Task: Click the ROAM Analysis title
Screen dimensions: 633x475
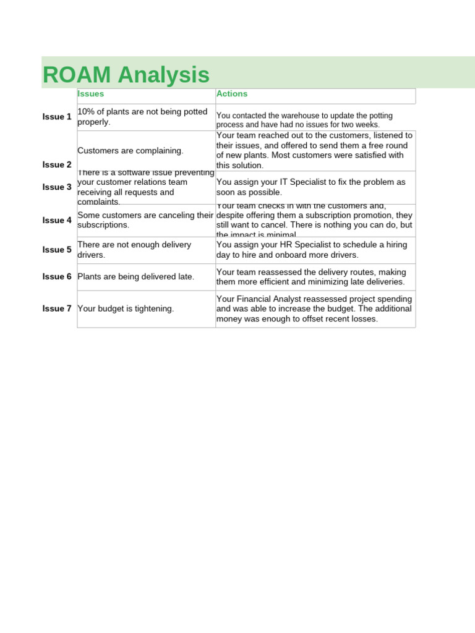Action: point(126,75)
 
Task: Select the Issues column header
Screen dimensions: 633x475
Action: point(90,94)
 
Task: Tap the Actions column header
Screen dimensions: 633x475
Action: point(232,94)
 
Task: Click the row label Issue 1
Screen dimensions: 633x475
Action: point(57,117)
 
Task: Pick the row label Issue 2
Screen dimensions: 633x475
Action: point(57,164)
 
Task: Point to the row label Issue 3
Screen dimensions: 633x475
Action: point(57,187)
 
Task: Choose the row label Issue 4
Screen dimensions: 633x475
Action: point(57,220)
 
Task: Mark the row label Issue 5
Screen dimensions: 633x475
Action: point(57,250)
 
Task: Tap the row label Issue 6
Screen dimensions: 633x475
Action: point(57,276)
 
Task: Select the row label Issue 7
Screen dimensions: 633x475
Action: point(57,308)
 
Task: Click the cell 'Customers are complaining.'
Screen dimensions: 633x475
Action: point(131,151)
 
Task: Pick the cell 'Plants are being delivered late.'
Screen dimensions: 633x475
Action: point(136,277)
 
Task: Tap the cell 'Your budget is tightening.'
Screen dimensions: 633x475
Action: point(126,308)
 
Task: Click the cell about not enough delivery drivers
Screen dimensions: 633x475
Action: point(134,250)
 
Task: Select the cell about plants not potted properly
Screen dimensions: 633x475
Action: point(142,117)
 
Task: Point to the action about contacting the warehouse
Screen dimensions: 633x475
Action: point(304,120)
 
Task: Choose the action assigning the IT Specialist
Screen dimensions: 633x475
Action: point(311,187)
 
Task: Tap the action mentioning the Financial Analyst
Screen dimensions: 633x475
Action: point(314,309)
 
